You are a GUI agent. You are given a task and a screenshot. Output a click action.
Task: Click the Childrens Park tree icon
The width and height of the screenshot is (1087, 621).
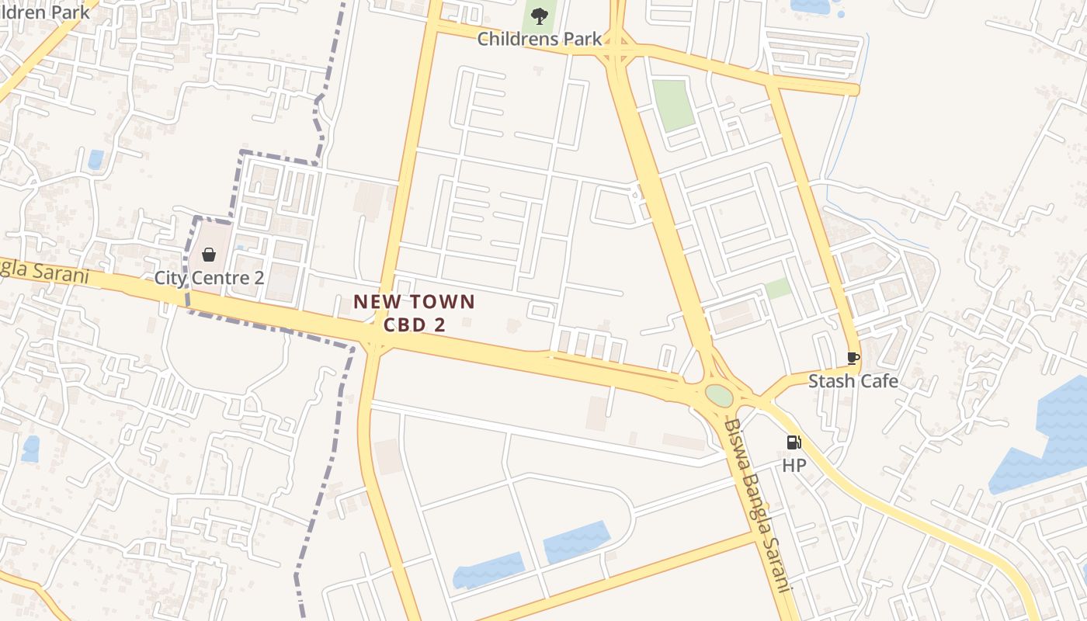[x=540, y=16]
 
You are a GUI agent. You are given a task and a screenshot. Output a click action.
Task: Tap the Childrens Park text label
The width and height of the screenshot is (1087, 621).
[x=540, y=38]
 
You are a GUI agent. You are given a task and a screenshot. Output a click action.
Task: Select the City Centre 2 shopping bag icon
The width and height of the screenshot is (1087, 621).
[x=209, y=255]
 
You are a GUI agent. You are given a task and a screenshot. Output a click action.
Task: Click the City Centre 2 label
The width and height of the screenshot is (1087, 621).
[x=209, y=278]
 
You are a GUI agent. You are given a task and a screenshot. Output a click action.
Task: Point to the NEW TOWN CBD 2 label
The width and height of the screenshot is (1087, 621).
[x=414, y=313]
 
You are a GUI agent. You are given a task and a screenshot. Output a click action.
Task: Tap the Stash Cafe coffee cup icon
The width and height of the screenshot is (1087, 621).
[x=853, y=358]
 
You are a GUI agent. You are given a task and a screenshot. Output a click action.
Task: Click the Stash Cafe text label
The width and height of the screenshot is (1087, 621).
[x=853, y=381]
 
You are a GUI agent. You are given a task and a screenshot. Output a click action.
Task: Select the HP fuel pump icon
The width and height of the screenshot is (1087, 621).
[x=794, y=442]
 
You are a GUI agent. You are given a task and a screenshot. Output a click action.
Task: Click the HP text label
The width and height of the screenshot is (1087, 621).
[x=794, y=466]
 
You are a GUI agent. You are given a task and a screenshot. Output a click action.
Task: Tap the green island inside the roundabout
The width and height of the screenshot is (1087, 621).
[x=720, y=395]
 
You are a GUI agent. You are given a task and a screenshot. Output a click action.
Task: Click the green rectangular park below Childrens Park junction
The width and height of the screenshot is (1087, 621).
[x=672, y=105]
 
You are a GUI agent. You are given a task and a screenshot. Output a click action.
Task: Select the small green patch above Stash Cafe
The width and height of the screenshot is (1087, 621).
[x=778, y=289]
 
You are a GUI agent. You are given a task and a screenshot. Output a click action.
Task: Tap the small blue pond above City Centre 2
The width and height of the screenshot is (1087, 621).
[x=96, y=159]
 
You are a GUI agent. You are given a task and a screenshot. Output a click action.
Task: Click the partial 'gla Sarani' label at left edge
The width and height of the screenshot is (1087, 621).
[x=43, y=271]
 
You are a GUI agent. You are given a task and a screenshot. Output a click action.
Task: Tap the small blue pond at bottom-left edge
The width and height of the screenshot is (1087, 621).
[x=31, y=449]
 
